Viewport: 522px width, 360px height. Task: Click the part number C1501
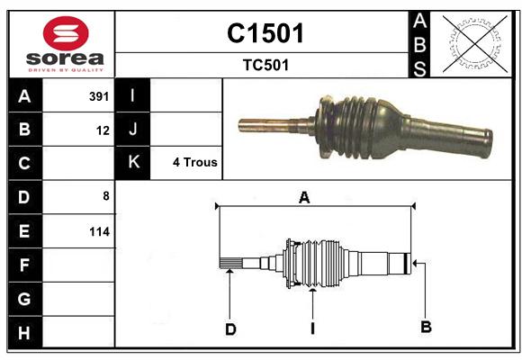265,33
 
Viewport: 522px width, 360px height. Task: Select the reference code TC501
265,65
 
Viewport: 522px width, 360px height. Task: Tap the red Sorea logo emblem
66,33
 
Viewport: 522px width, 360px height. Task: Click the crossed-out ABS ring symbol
475,43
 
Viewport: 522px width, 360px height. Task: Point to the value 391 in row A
99,96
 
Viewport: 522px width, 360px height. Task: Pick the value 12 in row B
103,130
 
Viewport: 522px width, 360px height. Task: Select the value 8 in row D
106,196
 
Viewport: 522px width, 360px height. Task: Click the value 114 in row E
99,231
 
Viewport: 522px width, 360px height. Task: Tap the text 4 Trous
194,162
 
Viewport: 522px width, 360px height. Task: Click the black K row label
132,163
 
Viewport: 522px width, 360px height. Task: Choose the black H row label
25,332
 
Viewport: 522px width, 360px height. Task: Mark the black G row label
25,299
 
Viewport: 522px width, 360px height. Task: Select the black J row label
132,129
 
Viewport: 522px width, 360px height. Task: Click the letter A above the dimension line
304,197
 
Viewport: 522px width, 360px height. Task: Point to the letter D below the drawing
230,329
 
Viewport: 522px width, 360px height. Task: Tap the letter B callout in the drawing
426,327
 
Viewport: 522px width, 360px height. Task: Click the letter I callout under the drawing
312,328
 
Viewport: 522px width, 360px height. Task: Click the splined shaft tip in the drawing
230,264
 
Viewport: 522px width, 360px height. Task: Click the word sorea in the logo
65,58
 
